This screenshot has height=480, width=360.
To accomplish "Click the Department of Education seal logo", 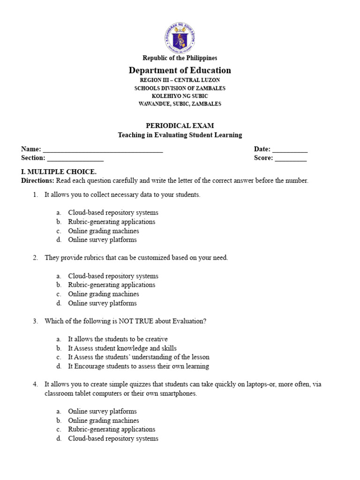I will coord(180,37).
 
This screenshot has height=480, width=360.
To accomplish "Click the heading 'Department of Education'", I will coord(180,70).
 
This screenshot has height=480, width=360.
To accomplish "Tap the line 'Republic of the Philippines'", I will coord(180,58).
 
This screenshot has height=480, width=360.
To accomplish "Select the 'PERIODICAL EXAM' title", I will coord(180,126).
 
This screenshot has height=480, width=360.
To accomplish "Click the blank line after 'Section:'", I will coord(75,159).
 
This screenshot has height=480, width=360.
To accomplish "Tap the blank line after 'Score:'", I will coord(291,159).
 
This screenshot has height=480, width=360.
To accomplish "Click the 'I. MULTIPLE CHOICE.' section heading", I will coord(59,172).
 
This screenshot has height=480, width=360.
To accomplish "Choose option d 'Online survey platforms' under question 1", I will coord(102,240).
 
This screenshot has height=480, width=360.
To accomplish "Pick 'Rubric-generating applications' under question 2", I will coord(112,285).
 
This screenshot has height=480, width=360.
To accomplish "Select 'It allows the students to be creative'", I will coord(118,339).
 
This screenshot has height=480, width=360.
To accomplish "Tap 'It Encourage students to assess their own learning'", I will coord(138,366).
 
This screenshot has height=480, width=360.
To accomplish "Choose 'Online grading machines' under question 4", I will coord(103,420).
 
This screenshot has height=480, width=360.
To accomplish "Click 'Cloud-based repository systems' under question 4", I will coord(113,438).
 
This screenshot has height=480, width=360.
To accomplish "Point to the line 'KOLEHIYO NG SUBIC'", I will coord(180,96).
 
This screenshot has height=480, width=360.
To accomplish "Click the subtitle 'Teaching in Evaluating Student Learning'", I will coord(180,135).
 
